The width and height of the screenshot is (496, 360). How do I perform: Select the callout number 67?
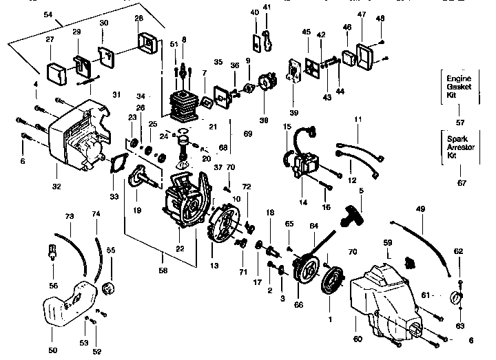tap(459, 183)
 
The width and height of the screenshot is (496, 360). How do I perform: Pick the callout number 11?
tap(358, 120)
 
